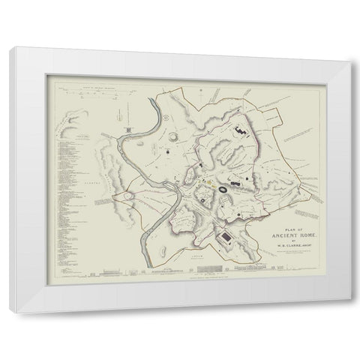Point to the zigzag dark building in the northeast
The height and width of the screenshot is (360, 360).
[x=241, y=130]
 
